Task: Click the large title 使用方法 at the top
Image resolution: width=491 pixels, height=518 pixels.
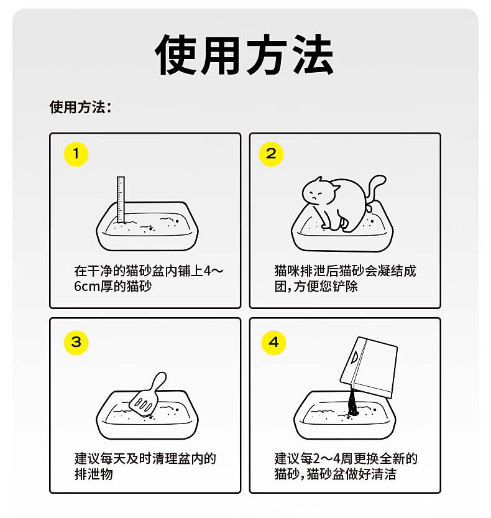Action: (244, 55)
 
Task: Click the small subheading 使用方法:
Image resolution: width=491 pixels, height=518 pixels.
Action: (81, 108)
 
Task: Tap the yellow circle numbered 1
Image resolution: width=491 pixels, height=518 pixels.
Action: (76, 154)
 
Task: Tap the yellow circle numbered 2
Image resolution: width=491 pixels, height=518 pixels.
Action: (271, 154)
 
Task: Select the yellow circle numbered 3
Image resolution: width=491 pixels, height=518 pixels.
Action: (76, 342)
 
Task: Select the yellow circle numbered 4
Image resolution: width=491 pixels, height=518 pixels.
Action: (273, 342)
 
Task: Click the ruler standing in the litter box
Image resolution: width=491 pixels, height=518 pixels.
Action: (121, 199)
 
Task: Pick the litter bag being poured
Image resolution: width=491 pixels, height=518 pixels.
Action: (369, 367)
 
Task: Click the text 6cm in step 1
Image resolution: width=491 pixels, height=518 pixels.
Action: (87, 286)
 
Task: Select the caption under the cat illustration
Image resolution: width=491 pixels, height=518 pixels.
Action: (345, 279)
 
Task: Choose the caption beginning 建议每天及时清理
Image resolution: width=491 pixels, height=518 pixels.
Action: (145, 466)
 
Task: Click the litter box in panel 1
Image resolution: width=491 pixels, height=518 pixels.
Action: (147, 226)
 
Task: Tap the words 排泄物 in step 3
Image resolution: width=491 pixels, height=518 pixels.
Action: (93, 474)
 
